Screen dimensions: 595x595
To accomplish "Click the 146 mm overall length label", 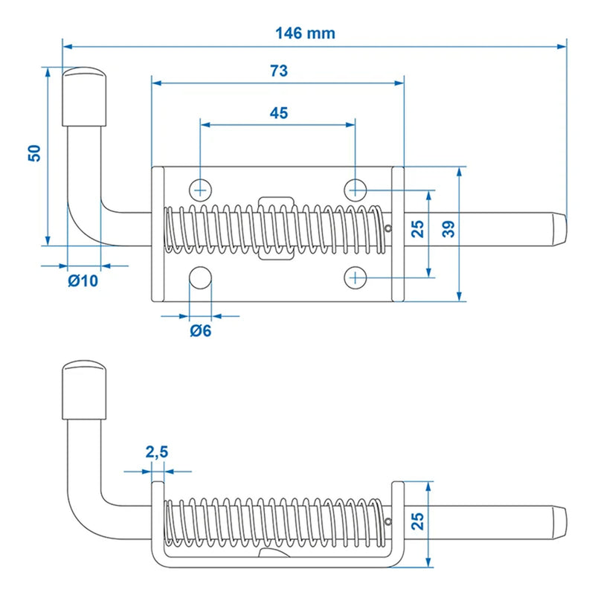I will [305, 33].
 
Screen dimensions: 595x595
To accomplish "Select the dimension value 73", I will [278, 71].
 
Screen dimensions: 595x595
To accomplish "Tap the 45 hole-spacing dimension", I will [278, 113].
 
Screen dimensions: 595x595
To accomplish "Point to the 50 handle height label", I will [33, 153].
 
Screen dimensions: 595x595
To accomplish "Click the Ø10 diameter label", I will [82, 280].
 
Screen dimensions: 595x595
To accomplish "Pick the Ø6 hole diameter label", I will [201, 331].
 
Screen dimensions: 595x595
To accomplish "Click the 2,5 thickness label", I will [156, 451].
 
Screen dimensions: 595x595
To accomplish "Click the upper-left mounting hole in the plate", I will [201, 187].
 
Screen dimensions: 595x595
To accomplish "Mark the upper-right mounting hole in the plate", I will [356, 187].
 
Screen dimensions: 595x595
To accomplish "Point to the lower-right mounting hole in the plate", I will [356, 277].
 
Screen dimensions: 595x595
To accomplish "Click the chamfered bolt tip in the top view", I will [558, 231].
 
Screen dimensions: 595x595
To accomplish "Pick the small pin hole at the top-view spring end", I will [389, 228].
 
